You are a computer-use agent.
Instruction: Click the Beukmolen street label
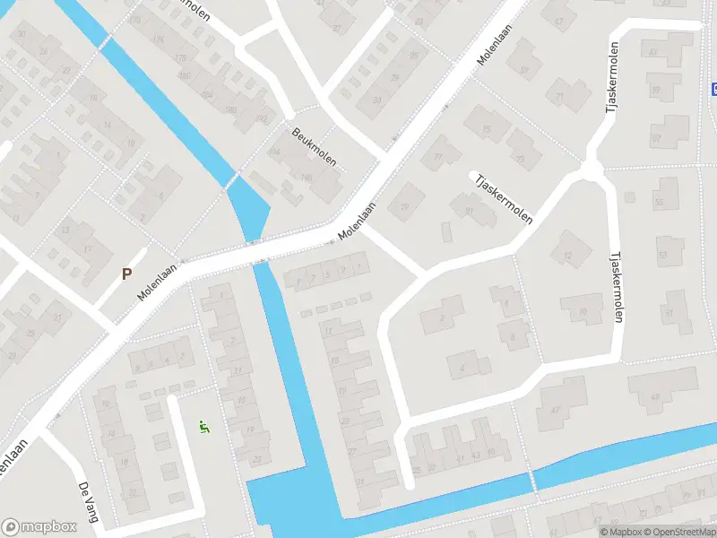pos(315,147)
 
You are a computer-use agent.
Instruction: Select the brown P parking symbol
pos(127,273)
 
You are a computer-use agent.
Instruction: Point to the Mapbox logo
pos(38,526)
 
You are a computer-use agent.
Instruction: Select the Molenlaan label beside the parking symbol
pos(159,282)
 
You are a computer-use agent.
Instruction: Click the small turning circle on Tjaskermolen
pos(591,169)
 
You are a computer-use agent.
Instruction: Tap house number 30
pos(22,35)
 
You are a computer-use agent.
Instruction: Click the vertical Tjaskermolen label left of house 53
pos(617,287)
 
